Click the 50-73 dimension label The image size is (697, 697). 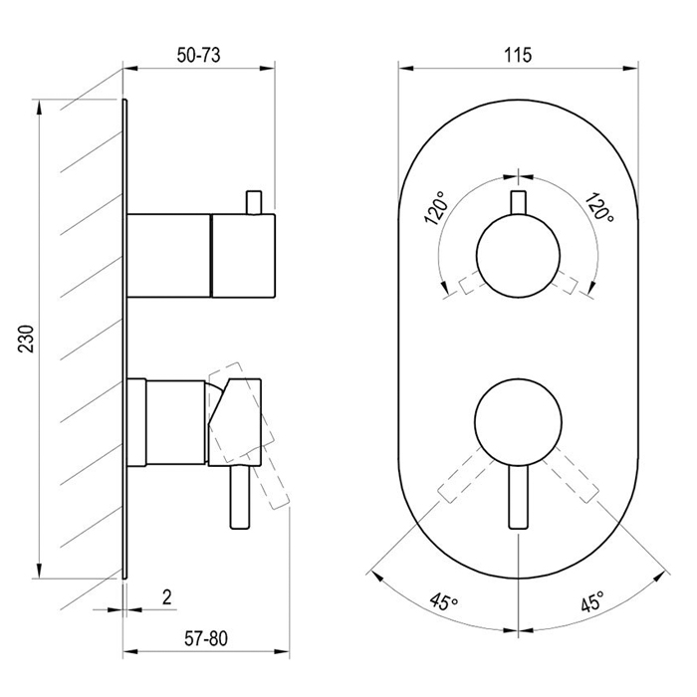pos(198,55)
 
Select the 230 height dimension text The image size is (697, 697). pos(26,339)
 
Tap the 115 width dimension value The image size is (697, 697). pos(518,55)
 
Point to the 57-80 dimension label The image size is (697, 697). pos(206,639)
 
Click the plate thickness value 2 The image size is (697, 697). pos(166,597)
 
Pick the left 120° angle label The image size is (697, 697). pos(436,208)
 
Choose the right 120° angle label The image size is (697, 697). pos(600,207)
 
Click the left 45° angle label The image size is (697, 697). pos(444,601)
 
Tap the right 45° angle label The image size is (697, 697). pos(592,601)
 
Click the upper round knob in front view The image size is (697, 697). pos(519,256)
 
